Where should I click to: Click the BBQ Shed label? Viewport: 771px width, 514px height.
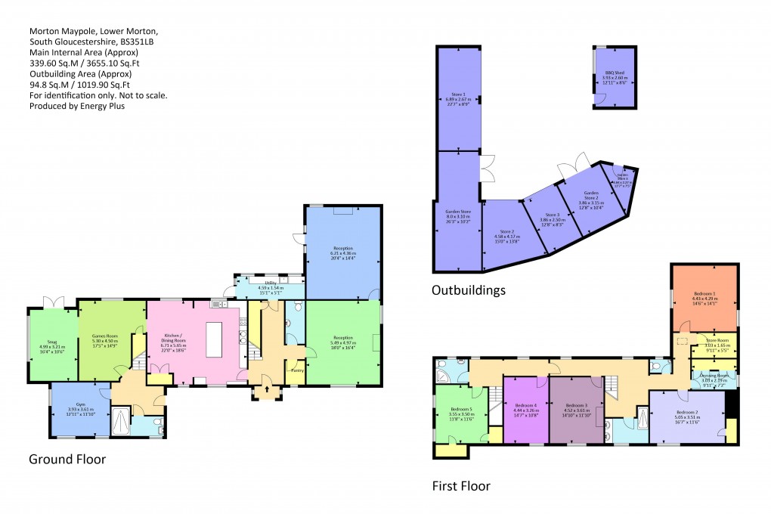pos(613,73)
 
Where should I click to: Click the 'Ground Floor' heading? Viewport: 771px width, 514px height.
pos(67,459)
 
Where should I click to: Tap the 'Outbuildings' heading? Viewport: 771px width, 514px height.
pos(468,290)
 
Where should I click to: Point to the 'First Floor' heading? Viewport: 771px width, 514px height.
pos(461,485)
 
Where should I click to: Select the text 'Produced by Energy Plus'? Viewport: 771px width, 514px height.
pos(76,106)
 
